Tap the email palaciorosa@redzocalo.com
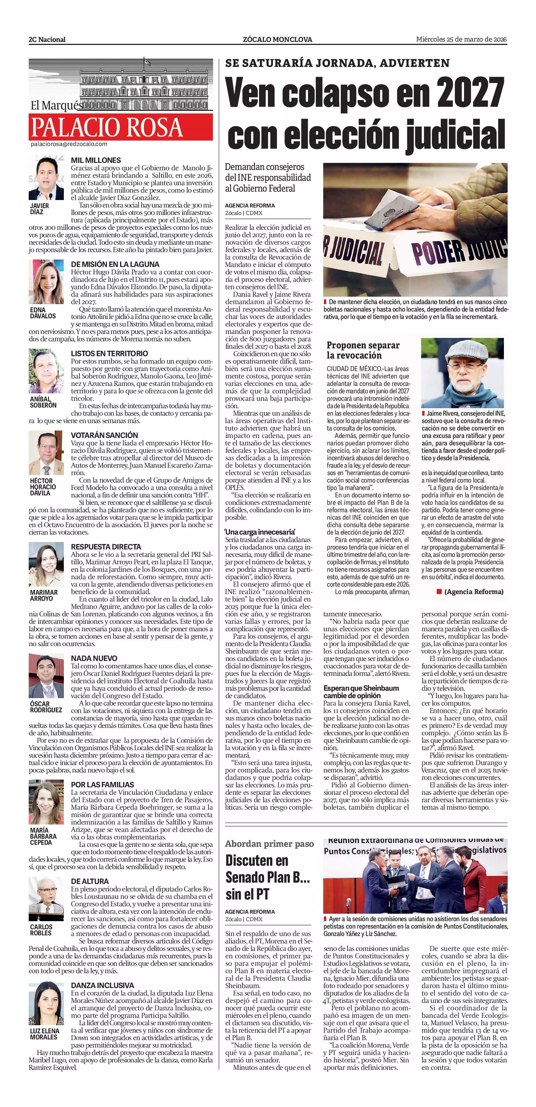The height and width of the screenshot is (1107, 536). pyautogui.click(x=69, y=144)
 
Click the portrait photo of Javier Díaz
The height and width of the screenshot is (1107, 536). pyautogui.click(x=46, y=179)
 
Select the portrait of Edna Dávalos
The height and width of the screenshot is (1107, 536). pyautogui.click(x=46, y=282)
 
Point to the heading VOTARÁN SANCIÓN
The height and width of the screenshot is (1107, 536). pyautogui.click(x=104, y=435)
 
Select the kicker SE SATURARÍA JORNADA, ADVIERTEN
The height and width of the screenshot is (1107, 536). pyautogui.click(x=337, y=63)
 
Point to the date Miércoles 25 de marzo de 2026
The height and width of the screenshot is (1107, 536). pyautogui.click(x=462, y=40)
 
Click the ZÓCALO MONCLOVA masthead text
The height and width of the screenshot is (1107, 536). pyautogui.click(x=277, y=40)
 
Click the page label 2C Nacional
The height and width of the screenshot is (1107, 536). pyautogui.click(x=47, y=40)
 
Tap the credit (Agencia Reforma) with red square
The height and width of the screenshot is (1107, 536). pyautogui.click(x=470, y=592)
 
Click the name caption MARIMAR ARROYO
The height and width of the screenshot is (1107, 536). pyautogui.click(x=44, y=595)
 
